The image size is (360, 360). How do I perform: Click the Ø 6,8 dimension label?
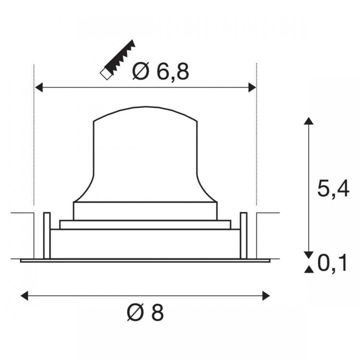click(x=161, y=72)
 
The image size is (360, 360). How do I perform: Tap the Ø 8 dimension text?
click(x=145, y=312)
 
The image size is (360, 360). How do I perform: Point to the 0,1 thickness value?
click(x=332, y=264)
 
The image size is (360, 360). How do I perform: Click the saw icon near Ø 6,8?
click(x=118, y=60)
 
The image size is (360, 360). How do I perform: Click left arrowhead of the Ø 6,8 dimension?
click(x=38, y=87)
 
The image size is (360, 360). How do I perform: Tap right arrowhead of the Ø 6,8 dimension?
click(x=252, y=87)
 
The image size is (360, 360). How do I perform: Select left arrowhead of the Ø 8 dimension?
click(x=24, y=296)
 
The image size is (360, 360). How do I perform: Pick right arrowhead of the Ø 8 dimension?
click(x=266, y=296)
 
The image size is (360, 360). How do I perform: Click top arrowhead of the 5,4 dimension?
click(x=309, y=121)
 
